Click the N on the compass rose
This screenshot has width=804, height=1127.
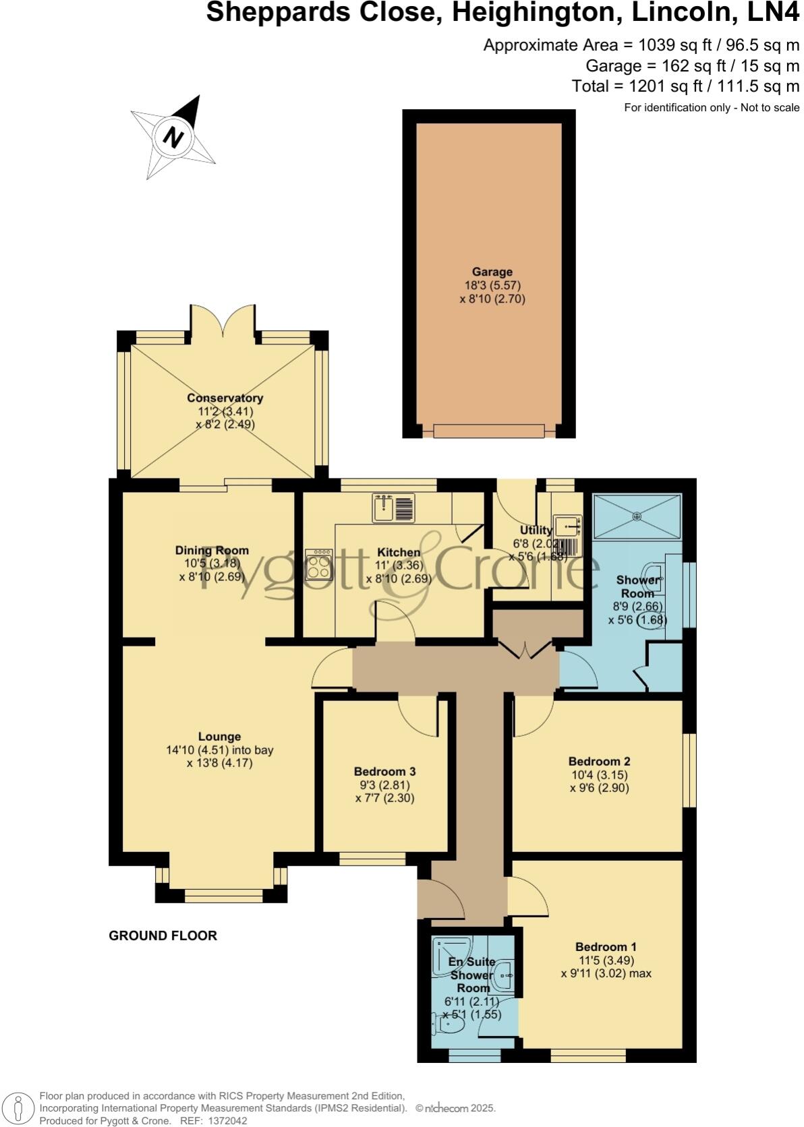pos(174,137)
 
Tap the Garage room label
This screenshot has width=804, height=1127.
pos(492,272)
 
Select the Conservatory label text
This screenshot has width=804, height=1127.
pos(225,398)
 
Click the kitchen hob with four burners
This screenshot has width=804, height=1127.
pos(319,564)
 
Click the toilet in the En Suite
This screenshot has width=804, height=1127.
pos(451,1025)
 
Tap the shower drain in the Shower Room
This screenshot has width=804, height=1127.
pos(637,516)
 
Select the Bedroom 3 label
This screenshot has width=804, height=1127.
pos(384,772)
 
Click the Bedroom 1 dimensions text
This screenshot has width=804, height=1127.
pos(606,967)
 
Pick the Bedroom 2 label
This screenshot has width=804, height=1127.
pos(599,762)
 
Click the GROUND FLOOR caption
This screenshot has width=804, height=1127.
pos(163,936)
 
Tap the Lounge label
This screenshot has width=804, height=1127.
pos(219,737)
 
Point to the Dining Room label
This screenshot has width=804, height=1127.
pos(212,551)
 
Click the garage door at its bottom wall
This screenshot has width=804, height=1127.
pos(488,430)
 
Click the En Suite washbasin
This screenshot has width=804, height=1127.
pos(505,974)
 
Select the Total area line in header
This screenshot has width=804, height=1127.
pos(685,86)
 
